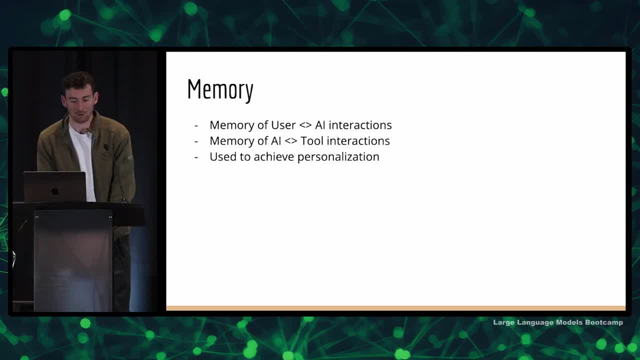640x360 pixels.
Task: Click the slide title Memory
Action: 220,90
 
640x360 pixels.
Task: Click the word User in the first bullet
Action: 283,125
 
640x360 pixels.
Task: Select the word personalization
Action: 338,157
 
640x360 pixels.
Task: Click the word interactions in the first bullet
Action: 360,125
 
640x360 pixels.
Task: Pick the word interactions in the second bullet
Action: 358,141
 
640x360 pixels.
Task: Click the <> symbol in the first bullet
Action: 305,125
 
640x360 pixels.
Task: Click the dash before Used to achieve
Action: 196,157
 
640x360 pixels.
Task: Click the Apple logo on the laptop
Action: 55,191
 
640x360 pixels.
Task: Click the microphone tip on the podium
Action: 105,146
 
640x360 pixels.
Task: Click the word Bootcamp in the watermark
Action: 604,322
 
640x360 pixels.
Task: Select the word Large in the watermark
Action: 503,322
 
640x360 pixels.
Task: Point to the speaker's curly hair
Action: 78,81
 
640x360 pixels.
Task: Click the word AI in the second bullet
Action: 275,141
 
